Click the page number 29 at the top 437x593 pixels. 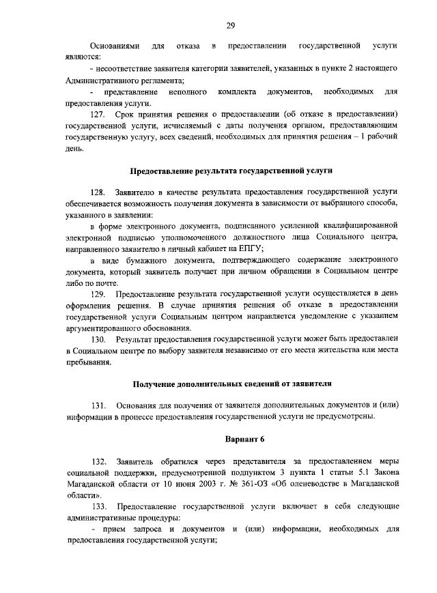click(231, 26)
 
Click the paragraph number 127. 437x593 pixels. click(98, 114)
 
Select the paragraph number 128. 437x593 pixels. click(98, 193)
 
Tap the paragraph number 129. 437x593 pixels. click(98, 295)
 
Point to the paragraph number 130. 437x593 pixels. click(98, 339)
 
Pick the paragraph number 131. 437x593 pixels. click(98, 407)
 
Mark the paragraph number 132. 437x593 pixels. click(98, 462)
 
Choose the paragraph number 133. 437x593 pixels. click(98, 506)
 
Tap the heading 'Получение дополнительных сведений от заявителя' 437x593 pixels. click(231, 384)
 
